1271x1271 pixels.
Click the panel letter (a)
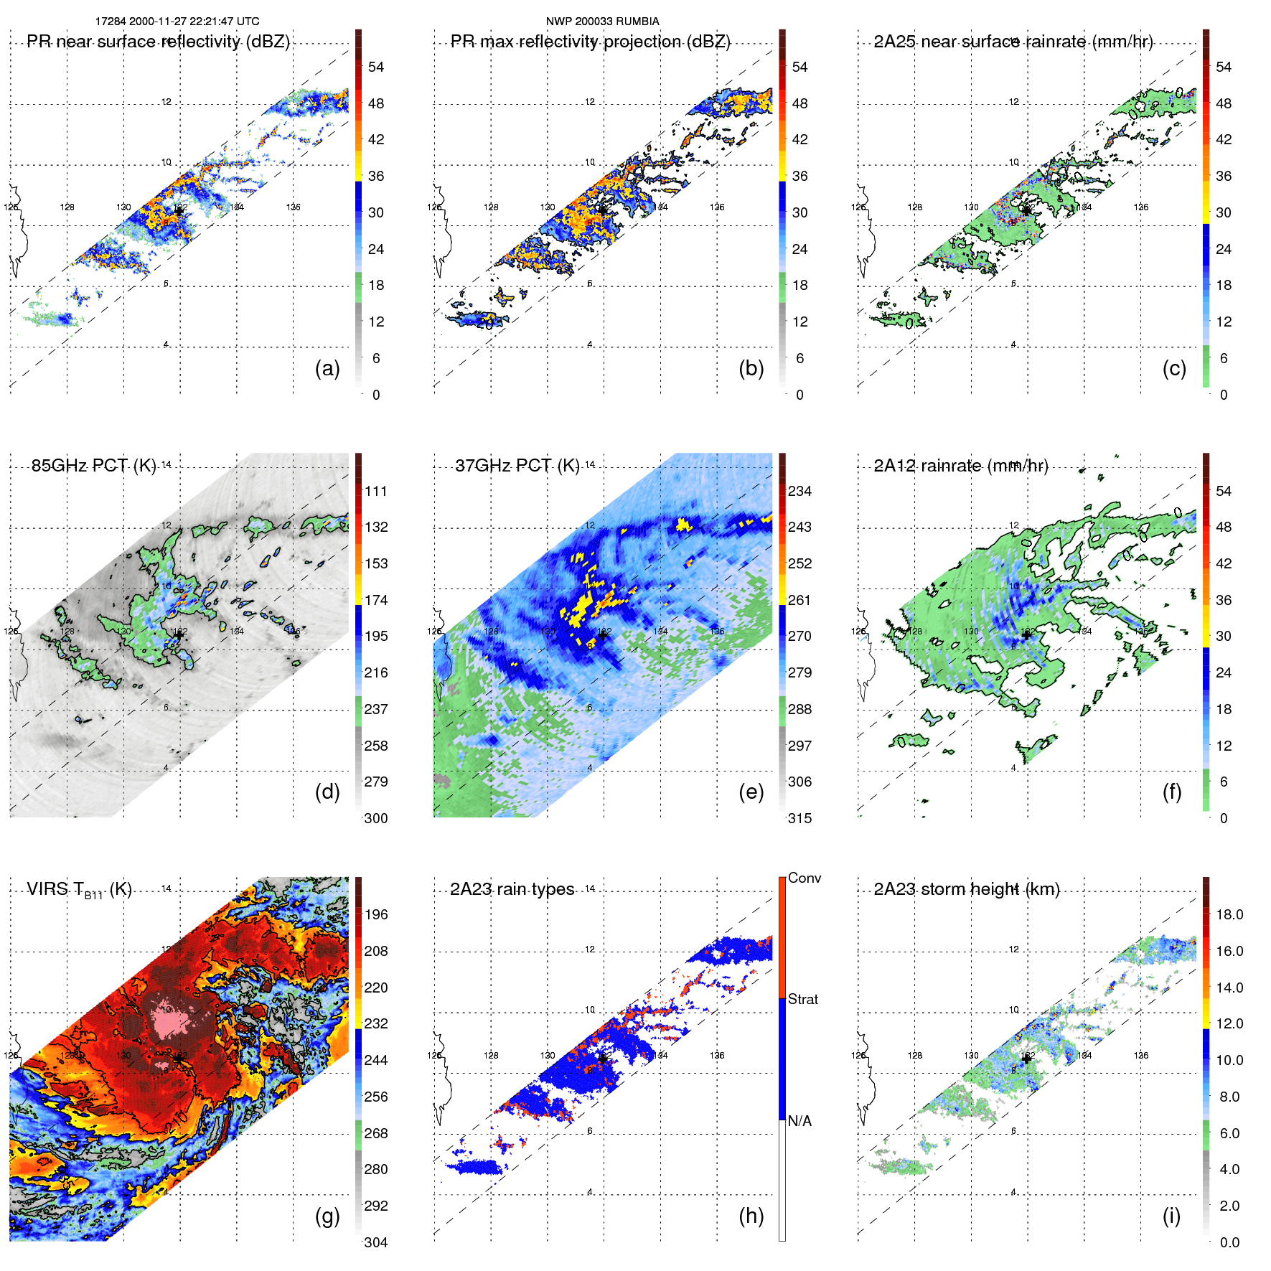click(327, 369)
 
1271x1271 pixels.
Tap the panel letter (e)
click(751, 792)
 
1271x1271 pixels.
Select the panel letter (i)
click(1171, 1216)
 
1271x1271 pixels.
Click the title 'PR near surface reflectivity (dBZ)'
click(158, 42)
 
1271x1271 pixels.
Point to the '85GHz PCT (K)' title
click(93, 466)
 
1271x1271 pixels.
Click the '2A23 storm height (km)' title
click(967, 889)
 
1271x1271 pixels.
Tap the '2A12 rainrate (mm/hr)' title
click(961, 466)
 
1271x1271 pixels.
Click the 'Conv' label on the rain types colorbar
click(804, 878)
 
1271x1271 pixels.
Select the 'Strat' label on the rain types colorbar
click(802, 999)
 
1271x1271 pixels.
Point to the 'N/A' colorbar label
click(799, 1121)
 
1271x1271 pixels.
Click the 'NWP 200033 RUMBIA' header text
click(602, 22)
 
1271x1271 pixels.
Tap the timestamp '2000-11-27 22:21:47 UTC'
click(194, 22)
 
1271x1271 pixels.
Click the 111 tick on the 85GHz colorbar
click(376, 491)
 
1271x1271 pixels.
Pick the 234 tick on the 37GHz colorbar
click(799, 491)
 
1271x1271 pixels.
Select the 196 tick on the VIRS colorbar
click(376, 914)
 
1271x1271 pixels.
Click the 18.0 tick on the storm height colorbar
click(1229, 914)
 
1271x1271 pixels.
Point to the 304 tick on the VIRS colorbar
click(376, 1242)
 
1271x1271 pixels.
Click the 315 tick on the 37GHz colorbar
click(799, 818)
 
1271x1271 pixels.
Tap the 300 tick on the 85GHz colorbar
click(376, 818)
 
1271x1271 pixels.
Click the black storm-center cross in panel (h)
click(603, 1058)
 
